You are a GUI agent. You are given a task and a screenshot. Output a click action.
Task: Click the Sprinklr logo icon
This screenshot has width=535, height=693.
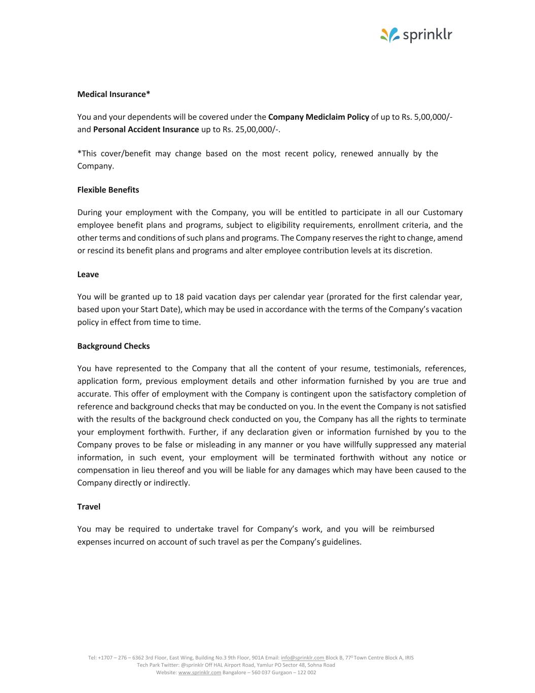[390, 35]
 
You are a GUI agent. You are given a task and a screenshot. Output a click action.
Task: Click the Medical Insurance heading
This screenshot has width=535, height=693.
[114, 94]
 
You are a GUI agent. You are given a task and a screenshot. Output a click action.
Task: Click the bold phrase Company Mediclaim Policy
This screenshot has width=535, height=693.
[318, 117]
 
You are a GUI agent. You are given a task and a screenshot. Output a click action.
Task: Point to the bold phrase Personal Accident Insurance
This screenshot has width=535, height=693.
[146, 129]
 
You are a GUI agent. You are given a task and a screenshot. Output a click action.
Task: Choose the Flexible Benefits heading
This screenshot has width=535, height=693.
[108, 190]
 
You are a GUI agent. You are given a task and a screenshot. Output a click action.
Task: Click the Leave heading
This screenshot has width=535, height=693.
[88, 274]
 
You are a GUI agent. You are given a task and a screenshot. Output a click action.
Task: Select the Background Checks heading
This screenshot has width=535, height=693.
[114, 346]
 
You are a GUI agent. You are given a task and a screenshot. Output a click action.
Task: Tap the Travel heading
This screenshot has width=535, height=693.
[89, 506]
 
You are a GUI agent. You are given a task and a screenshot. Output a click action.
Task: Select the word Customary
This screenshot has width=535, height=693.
[443, 212]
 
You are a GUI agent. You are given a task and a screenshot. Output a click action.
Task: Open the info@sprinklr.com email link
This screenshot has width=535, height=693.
[302, 657]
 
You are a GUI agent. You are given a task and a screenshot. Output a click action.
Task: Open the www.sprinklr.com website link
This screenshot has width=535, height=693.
[200, 673]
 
